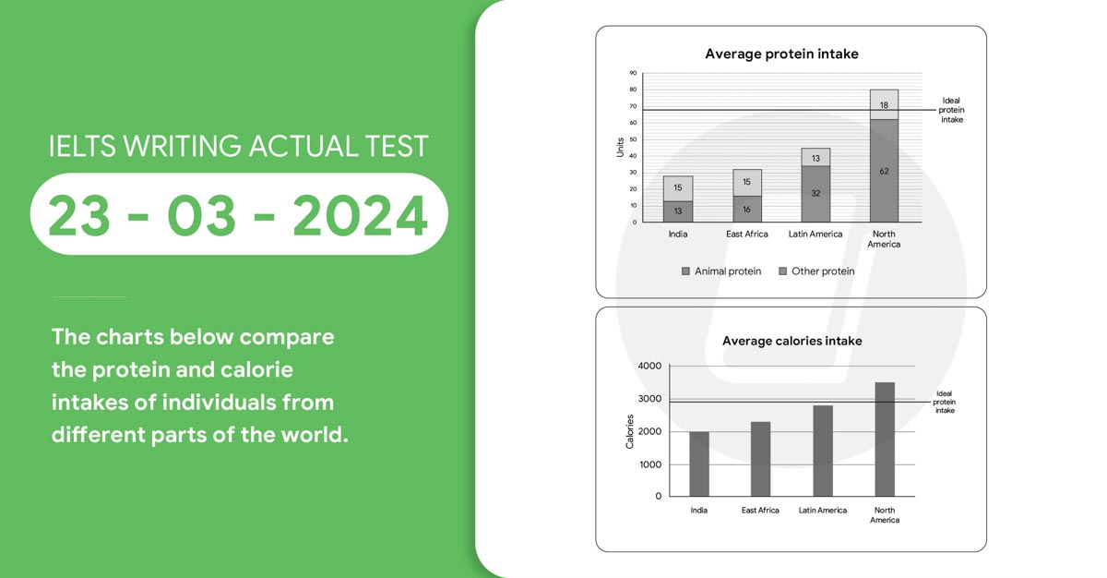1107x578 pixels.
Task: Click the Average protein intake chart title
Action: click(x=781, y=54)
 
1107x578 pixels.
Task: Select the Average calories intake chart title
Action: click(x=792, y=341)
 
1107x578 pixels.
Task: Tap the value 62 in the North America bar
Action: click(x=884, y=171)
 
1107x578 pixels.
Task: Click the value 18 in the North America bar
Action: click(x=884, y=105)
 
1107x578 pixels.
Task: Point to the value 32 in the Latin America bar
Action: click(x=815, y=193)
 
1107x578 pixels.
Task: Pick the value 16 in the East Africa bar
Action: click(x=746, y=210)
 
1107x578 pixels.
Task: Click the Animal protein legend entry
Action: click(x=721, y=271)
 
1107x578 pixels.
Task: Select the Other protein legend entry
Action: click(x=816, y=271)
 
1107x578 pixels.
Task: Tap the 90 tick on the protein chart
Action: click(x=633, y=73)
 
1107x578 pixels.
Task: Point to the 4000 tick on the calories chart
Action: click(x=649, y=366)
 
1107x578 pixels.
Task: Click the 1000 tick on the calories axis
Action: click(x=650, y=464)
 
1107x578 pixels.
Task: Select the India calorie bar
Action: click(x=699, y=464)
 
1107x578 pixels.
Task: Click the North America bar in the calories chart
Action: click(x=885, y=440)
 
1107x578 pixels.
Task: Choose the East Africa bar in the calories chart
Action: click(x=760, y=459)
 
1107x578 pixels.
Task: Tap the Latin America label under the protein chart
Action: click(x=815, y=234)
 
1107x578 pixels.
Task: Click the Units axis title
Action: click(x=620, y=148)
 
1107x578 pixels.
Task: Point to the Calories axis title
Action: click(x=629, y=431)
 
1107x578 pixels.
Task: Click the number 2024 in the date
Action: click(x=360, y=215)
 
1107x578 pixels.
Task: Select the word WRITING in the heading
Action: click(x=183, y=147)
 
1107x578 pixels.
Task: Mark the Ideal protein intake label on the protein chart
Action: click(x=951, y=110)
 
